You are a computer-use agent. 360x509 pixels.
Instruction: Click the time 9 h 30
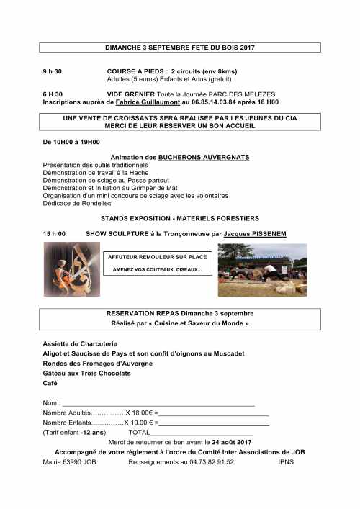click(53, 71)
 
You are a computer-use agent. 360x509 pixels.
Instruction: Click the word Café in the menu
click(50, 384)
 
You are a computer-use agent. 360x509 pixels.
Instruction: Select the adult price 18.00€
click(140, 413)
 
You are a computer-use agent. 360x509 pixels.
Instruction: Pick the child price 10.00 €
click(140, 422)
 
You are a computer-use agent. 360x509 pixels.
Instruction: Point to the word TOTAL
click(138, 432)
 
